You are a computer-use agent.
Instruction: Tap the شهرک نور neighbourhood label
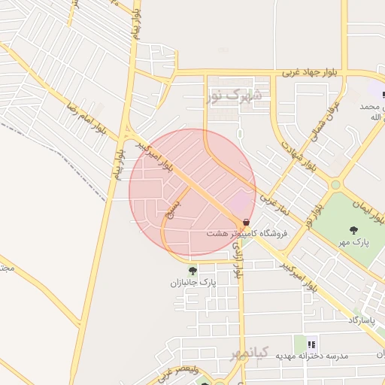point(235,95)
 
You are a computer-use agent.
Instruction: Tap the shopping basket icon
point(247,223)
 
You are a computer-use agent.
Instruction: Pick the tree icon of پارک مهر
point(353,229)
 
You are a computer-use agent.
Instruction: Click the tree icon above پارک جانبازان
point(192,271)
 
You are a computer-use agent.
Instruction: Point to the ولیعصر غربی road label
point(177,371)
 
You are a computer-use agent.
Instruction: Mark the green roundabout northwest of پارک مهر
point(335,184)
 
